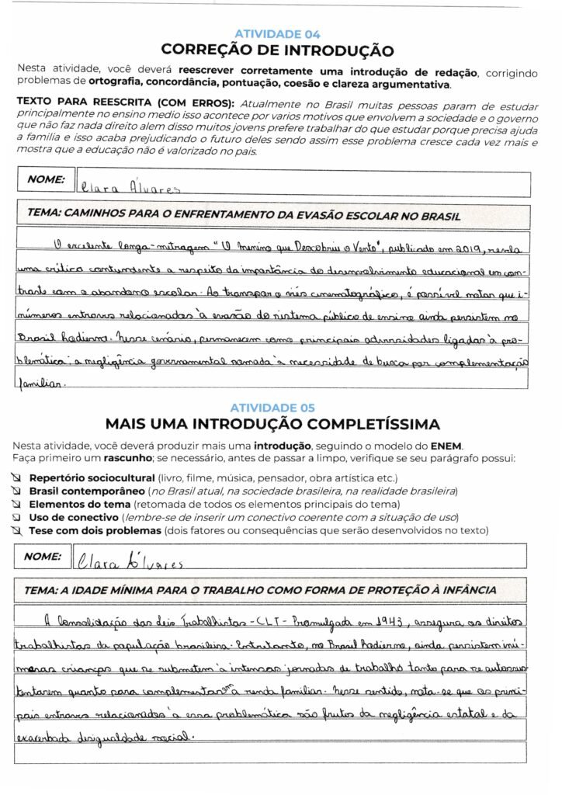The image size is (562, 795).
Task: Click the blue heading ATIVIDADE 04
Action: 276,34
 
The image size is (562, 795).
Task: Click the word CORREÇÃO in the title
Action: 210,50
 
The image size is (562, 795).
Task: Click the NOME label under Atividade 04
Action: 46,179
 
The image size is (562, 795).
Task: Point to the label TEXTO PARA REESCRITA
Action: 125,102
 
